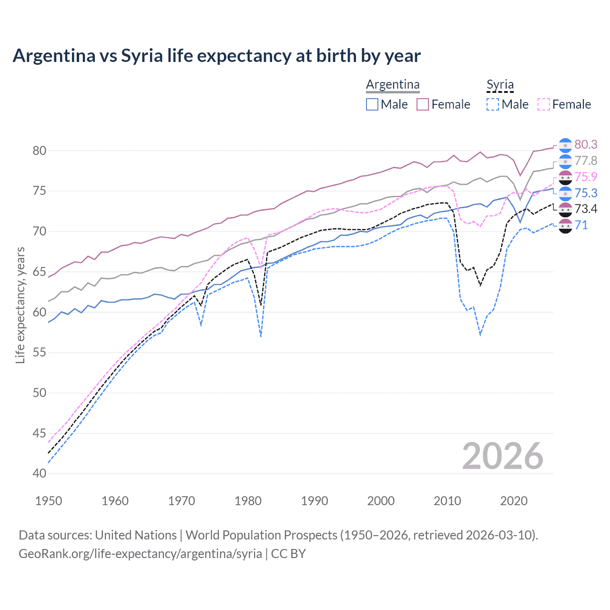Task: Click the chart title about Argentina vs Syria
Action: point(216,56)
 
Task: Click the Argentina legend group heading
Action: point(393,84)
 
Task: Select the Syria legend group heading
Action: point(500,84)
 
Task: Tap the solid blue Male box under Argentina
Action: point(372,104)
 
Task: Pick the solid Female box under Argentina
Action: point(423,104)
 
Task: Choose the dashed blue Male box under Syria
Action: point(493,104)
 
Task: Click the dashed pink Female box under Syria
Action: point(543,104)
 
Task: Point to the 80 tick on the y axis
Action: point(40,151)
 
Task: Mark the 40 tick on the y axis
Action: point(40,473)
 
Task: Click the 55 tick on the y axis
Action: point(40,353)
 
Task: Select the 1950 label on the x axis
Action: point(49,501)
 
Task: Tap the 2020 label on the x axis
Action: point(514,501)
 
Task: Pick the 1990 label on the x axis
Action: point(315,501)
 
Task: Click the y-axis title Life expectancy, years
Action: point(20,305)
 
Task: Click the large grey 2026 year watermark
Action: point(502,456)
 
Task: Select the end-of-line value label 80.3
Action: point(586,144)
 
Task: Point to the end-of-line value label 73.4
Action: point(586,209)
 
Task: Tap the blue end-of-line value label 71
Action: point(581,225)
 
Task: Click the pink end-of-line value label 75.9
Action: point(586,177)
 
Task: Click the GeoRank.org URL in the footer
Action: point(140,554)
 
